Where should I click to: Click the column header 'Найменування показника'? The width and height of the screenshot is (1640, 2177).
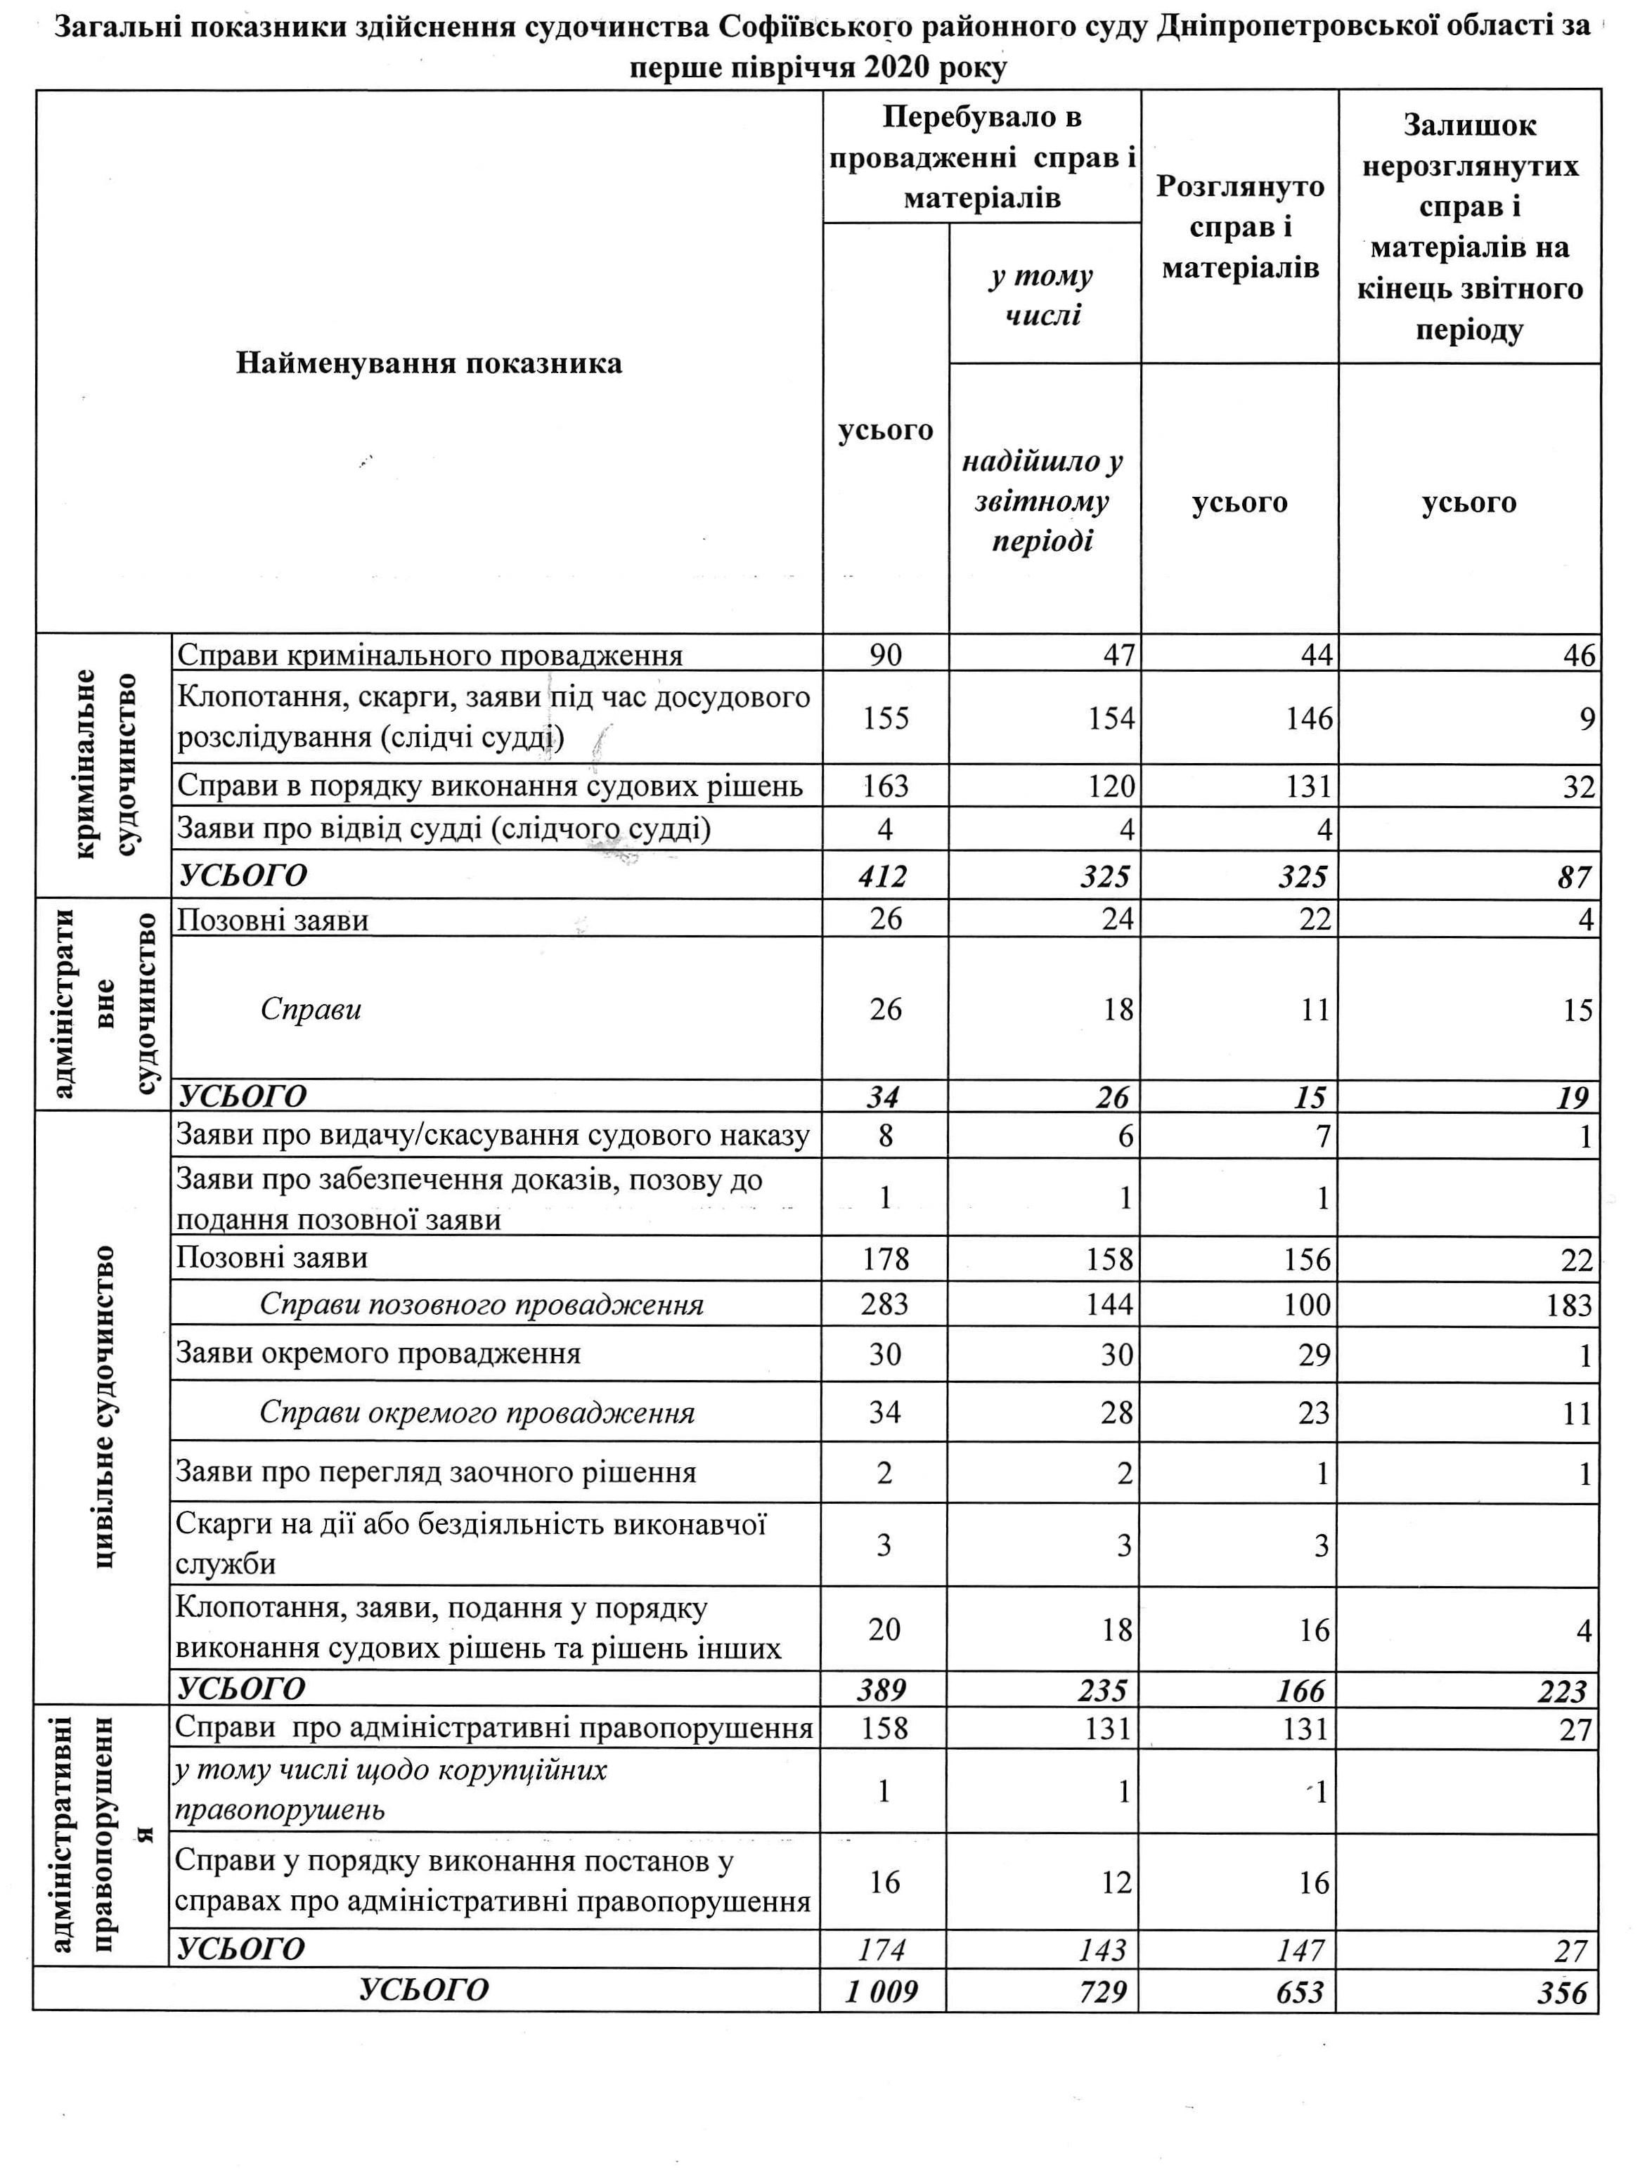(x=430, y=364)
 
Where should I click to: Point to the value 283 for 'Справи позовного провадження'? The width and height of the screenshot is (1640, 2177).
(x=884, y=1304)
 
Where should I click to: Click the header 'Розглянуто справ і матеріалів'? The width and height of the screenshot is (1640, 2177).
(x=1239, y=228)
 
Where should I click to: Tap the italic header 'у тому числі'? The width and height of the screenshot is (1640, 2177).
(x=1042, y=294)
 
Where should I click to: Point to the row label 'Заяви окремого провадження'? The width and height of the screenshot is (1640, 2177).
(x=378, y=1353)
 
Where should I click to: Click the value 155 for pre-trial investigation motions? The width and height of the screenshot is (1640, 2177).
(x=885, y=718)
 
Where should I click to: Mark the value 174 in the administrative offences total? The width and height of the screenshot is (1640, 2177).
(x=883, y=1949)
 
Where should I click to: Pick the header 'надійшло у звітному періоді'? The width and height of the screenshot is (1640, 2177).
(x=1042, y=502)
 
